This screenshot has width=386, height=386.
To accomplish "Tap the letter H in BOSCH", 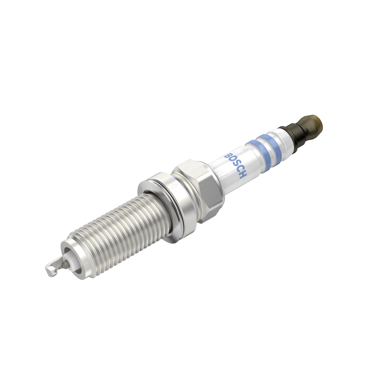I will [244, 175].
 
